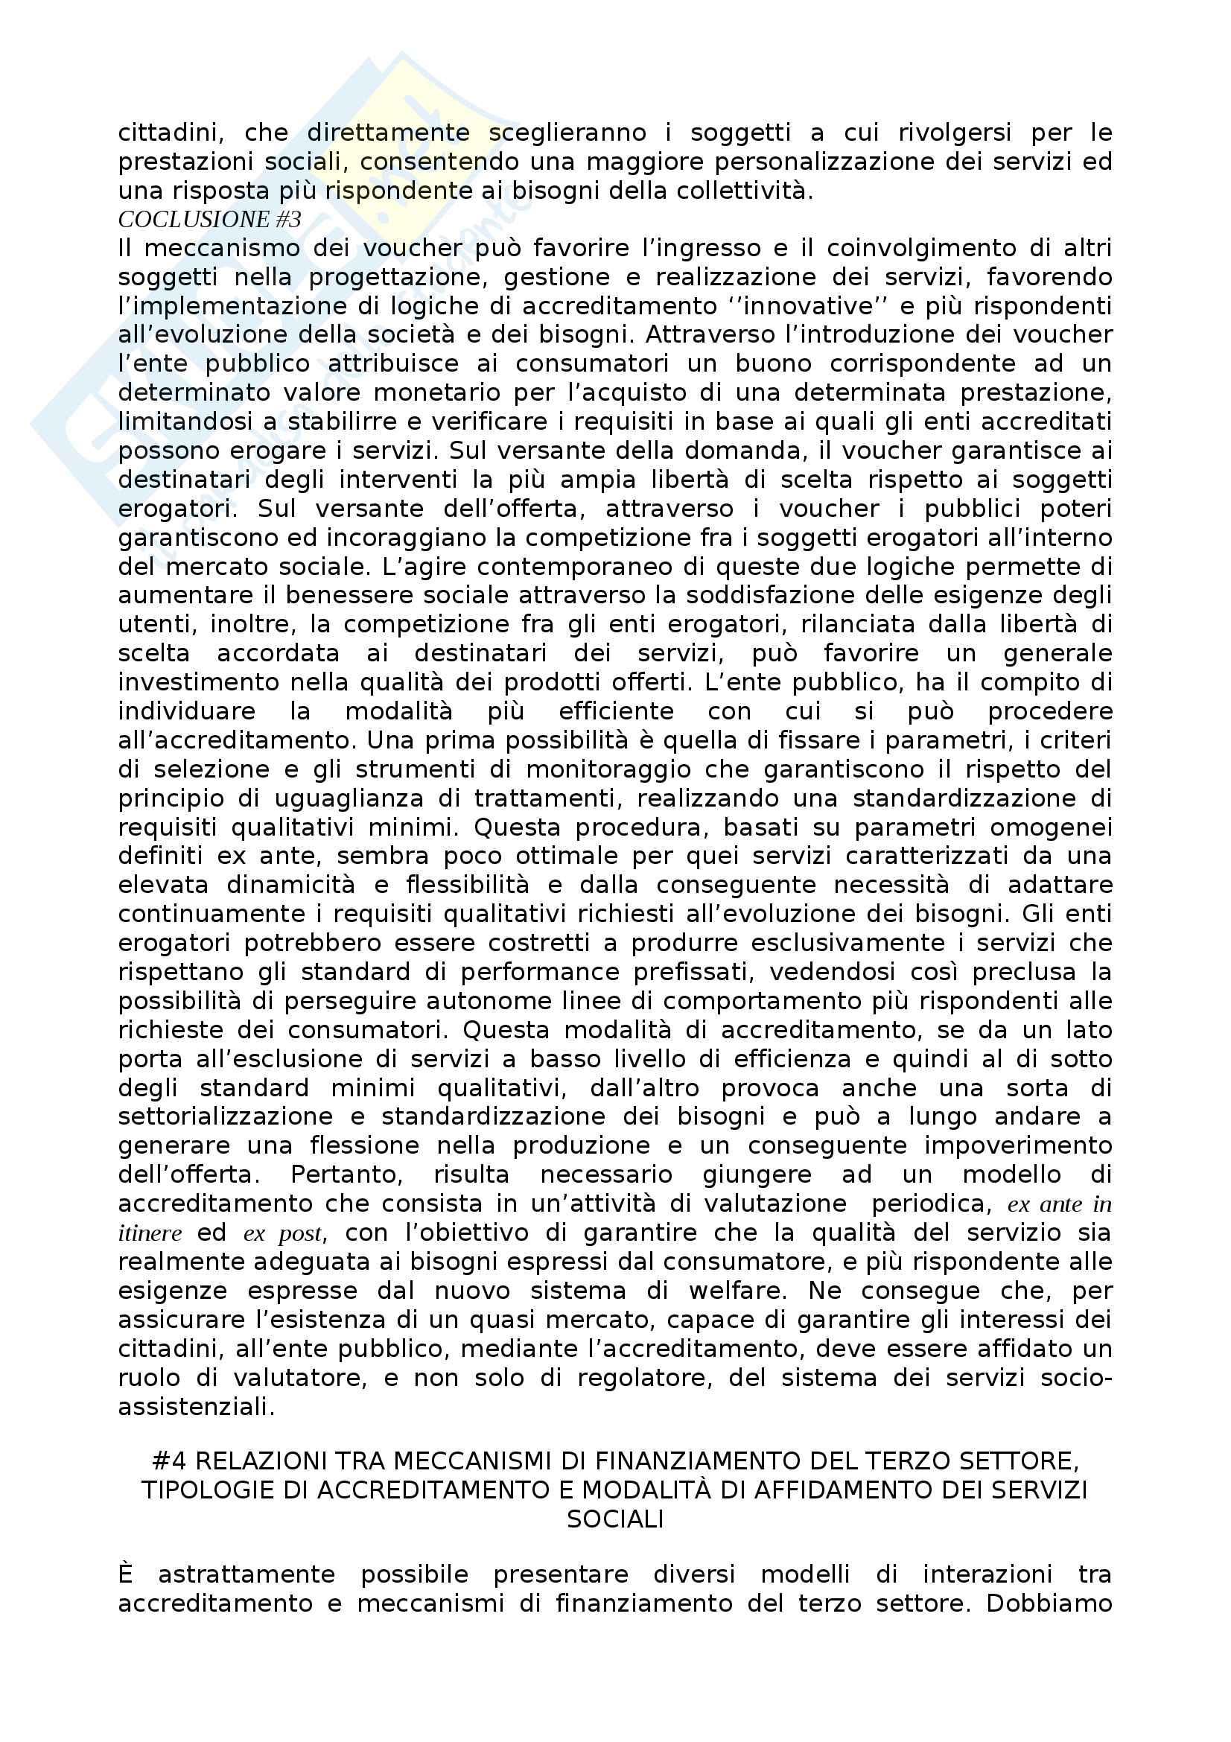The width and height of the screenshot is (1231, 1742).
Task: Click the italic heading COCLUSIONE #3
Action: click(209, 219)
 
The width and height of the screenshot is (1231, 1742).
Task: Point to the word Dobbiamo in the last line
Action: click(1049, 1603)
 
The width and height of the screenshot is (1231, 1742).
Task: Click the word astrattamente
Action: click(246, 1574)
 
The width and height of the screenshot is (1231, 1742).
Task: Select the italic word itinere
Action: click(150, 1233)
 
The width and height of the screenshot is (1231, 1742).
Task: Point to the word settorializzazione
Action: click(225, 1117)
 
